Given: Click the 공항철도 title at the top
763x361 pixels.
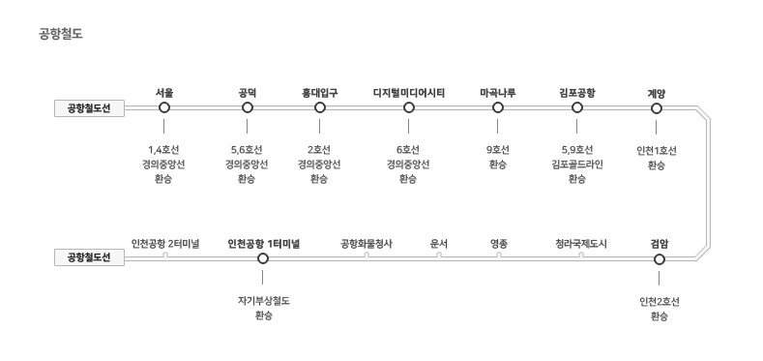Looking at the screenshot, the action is tap(61, 34).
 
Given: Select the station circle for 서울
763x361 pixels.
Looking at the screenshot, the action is tap(164, 107).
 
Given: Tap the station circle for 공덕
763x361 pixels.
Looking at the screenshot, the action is tap(248, 107).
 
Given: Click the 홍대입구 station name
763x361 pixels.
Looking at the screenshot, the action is tap(320, 93).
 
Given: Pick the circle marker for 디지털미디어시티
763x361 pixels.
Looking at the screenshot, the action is tap(409, 107).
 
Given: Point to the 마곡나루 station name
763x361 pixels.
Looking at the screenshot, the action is tap(498, 93).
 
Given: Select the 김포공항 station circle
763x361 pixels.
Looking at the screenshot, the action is tap(577, 107).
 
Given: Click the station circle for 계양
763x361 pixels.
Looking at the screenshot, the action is tap(657, 108).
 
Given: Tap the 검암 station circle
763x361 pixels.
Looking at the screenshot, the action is tap(660, 259).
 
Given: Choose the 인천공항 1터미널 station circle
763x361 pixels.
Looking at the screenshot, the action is tap(263, 258).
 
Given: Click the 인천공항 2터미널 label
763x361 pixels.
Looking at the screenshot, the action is tap(165, 244).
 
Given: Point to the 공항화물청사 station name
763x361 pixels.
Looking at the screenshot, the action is tap(366, 244).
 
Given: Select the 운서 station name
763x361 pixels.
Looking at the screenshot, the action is tap(439, 244).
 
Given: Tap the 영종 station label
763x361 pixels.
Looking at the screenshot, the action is tap(499, 244).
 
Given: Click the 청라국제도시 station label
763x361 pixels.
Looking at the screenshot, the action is tap(581, 244).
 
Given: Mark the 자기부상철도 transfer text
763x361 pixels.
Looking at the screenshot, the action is tap(264, 301).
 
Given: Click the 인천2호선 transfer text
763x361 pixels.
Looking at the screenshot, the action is tap(660, 302).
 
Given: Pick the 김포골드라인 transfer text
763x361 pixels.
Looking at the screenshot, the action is tap(577, 165).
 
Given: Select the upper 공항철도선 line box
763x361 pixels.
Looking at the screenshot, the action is tap(90, 108).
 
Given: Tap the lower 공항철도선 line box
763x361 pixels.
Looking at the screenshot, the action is tap(90, 257).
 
